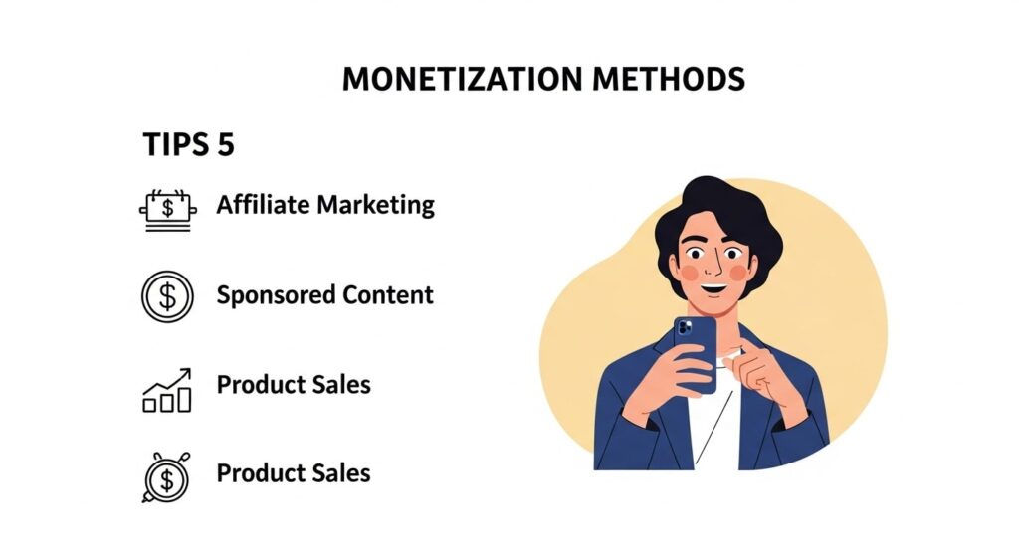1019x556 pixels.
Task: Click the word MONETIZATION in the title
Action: [462, 79]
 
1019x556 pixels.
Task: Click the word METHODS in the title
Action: [668, 79]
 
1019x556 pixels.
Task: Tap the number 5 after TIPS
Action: [226, 144]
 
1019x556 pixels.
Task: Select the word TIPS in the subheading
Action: [176, 144]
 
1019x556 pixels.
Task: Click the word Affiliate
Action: [263, 205]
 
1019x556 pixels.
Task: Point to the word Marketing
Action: [376, 206]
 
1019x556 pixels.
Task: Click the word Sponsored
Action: [276, 295]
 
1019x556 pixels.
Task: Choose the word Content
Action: [388, 294]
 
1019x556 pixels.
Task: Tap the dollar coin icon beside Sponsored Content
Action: [167, 296]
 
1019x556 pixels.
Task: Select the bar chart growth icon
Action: [167, 390]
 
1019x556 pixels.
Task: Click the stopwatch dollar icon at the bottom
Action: [167, 477]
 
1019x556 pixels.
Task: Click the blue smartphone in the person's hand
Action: [696, 355]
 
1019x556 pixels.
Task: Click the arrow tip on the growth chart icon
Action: [189, 370]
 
